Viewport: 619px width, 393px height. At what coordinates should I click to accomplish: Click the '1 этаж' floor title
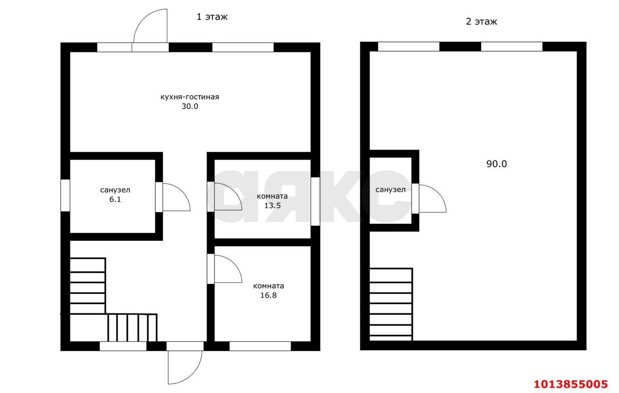(212, 17)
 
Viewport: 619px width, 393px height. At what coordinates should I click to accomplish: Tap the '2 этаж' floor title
(481, 22)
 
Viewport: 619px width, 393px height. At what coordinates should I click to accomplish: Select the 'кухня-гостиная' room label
(190, 97)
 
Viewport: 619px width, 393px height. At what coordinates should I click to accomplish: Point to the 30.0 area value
(190, 106)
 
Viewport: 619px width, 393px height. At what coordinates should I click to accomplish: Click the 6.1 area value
(115, 199)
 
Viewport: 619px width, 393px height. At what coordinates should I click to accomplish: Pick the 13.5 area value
(272, 206)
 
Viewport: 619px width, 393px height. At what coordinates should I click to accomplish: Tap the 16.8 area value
(268, 295)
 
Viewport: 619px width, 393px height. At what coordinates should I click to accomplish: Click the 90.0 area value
(497, 164)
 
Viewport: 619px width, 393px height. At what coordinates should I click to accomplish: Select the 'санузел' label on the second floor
(390, 190)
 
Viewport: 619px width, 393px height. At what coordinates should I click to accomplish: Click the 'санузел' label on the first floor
(115, 190)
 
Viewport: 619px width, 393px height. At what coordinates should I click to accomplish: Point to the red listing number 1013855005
(571, 384)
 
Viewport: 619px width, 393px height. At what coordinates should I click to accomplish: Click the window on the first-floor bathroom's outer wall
(65, 196)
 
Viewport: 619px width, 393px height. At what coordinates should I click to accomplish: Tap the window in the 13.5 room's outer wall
(315, 201)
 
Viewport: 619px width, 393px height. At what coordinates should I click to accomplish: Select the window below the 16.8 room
(260, 346)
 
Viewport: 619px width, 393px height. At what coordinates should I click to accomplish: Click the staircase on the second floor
(391, 305)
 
